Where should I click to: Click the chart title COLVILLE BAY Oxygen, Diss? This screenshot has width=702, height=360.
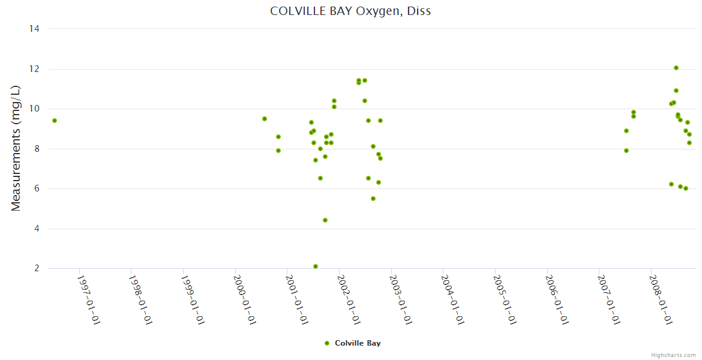(x=350, y=11)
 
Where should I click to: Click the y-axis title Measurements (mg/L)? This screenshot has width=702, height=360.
(x=16, y=148)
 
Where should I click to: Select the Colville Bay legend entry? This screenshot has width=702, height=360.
(x=358, y=343)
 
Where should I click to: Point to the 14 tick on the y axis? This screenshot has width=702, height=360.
(x=34, y=29)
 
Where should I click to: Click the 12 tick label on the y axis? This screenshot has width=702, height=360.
(x=34, y=69)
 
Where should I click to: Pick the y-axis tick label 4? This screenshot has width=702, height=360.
(x=37, y=229)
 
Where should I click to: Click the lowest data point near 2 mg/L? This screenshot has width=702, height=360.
(x=316, y=266)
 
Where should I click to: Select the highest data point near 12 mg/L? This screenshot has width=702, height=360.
(x=676, y=68)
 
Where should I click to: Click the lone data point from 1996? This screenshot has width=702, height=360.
(x=55, y=121)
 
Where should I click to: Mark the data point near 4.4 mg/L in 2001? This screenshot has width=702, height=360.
(x=325, y=220)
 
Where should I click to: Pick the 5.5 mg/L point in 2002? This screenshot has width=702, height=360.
(x=373, y=199)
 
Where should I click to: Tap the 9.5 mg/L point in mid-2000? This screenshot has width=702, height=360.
(x=265, y=119)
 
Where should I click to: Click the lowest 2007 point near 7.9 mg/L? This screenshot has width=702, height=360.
(x=626, y=151)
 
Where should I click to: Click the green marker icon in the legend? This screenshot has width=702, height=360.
(x=327, y=343)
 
